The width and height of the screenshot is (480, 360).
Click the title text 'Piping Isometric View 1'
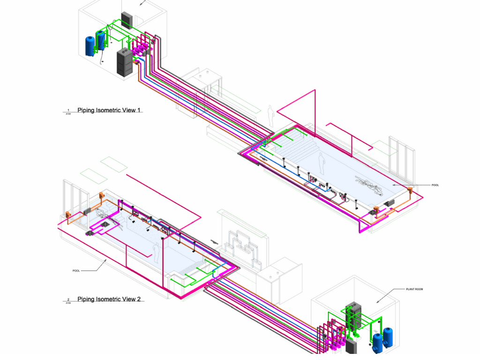tap(109, 111)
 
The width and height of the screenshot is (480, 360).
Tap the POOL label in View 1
tap(435, 185)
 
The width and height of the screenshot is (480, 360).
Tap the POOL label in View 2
tap(76, 270)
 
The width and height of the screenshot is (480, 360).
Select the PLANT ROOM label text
tap(414, 289)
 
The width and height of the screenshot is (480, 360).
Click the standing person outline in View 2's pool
tap(156, 253)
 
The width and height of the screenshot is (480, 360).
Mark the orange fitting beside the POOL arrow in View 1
tap(409, 190)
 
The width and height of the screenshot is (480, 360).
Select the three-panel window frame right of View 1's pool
tap(401, 159)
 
